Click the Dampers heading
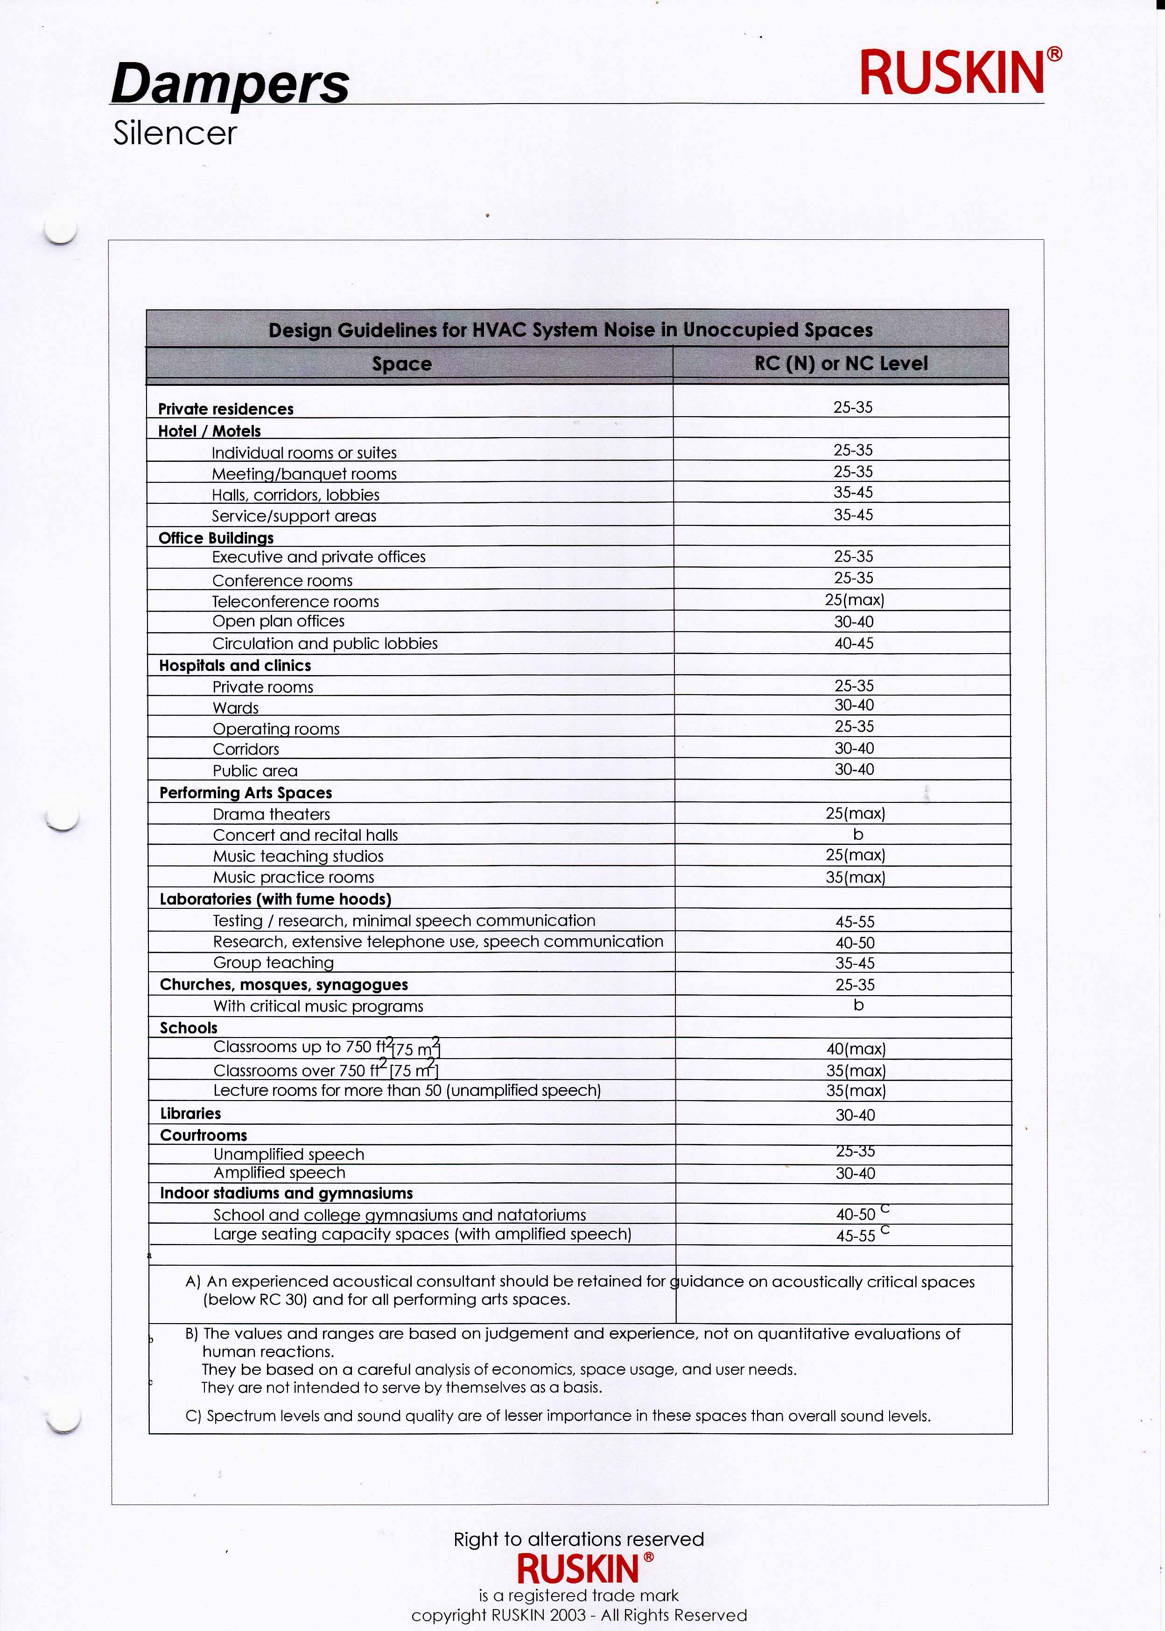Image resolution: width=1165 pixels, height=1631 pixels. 230,84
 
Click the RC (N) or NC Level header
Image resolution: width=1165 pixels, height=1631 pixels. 841,363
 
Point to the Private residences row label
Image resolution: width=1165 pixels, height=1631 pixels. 226,409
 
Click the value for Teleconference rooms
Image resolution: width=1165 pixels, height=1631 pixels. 854,599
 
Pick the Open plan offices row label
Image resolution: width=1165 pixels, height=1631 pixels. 278,621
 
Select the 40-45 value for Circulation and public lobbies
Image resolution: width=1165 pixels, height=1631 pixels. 854,643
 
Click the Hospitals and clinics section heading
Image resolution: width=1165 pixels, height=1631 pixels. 235,665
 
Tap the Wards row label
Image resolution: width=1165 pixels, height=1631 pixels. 236,708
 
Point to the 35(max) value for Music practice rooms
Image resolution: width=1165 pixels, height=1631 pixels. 855,877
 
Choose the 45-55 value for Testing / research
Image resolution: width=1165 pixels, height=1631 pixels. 855,922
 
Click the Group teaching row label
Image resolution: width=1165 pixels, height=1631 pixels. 274,962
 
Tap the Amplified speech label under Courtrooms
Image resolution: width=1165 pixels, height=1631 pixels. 280,1172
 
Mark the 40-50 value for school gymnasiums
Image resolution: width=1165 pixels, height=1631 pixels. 856,1214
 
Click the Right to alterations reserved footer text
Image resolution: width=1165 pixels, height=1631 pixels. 579,1539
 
